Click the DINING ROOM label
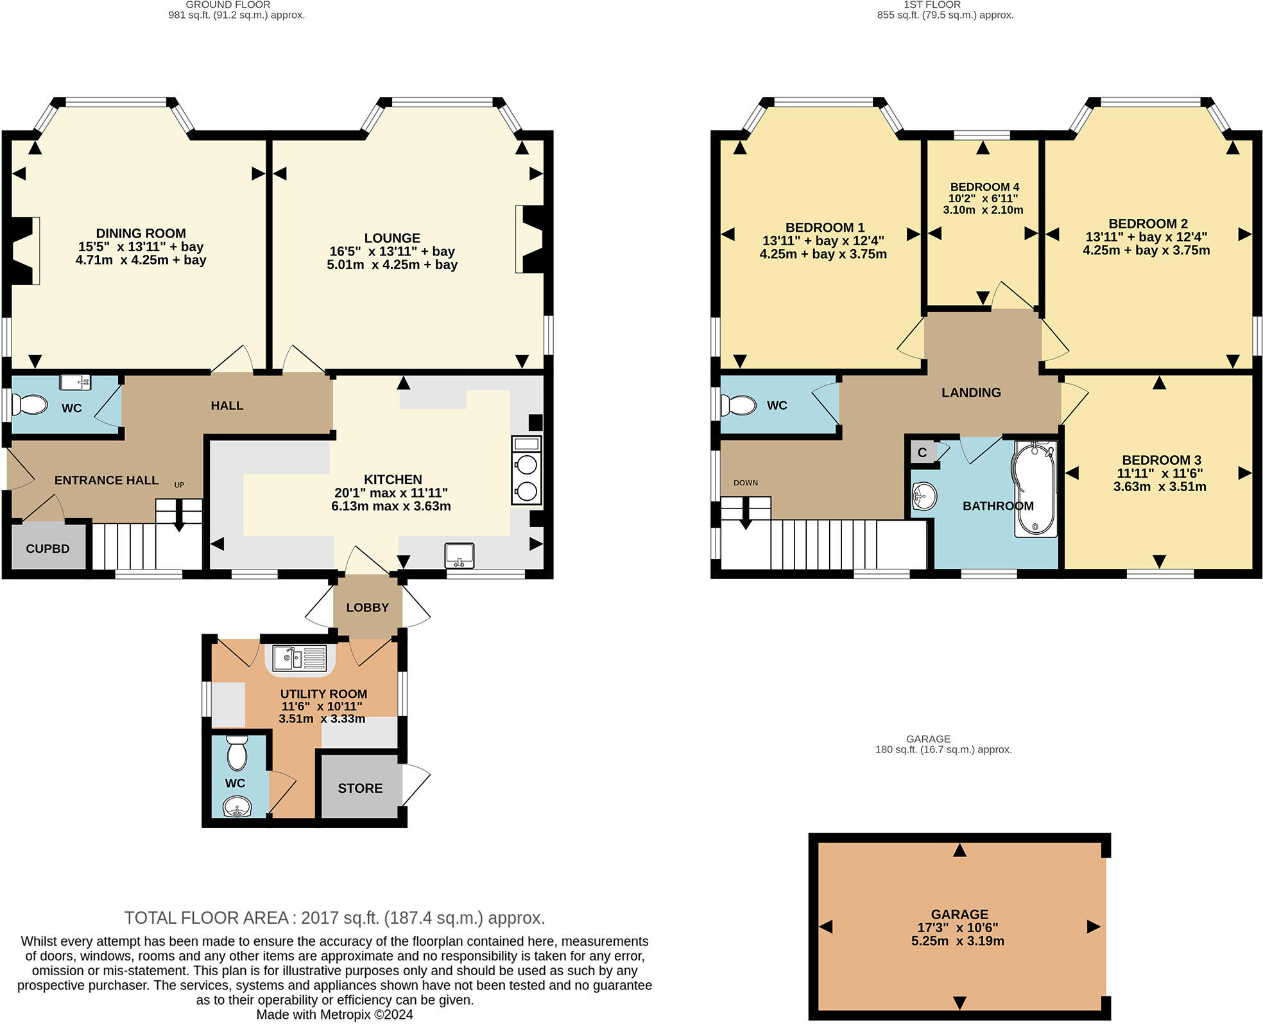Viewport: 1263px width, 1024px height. [x=141, y=234]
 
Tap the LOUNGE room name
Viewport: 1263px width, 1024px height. [x=392, y=238]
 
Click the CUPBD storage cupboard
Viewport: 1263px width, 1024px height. [x=48, y=548]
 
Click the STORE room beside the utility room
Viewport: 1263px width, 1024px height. [x=360, y=788]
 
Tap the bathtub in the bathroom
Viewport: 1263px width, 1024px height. [x=1035, y=489]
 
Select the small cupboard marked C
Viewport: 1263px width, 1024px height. [x=922, y=452]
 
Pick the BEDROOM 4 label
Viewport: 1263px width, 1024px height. [x=984, y=187]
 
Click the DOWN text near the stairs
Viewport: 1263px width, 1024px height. [x=746, y=483]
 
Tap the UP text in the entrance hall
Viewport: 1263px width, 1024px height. [x=179, y=485]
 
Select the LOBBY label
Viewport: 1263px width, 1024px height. [x=367, y=607]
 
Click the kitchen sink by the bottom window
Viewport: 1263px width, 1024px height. [x=460, y=555]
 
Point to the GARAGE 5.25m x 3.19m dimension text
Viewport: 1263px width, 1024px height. [x=958, y=941]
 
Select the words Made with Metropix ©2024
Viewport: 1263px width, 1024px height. [x=334, y=1015]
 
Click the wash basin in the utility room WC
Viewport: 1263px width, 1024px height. [x=237, y=807]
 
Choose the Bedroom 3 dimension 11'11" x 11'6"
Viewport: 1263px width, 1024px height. [x=1159, y=473]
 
